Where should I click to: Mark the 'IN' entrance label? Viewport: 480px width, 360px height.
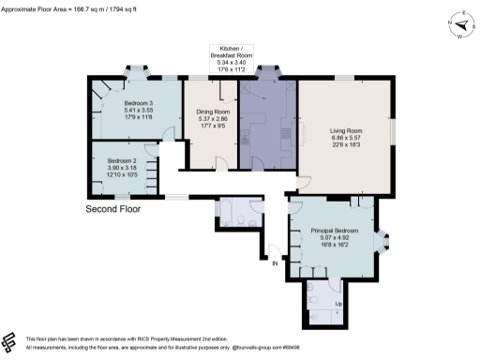[275, 264]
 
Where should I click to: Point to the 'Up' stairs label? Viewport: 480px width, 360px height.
[324, 304]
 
